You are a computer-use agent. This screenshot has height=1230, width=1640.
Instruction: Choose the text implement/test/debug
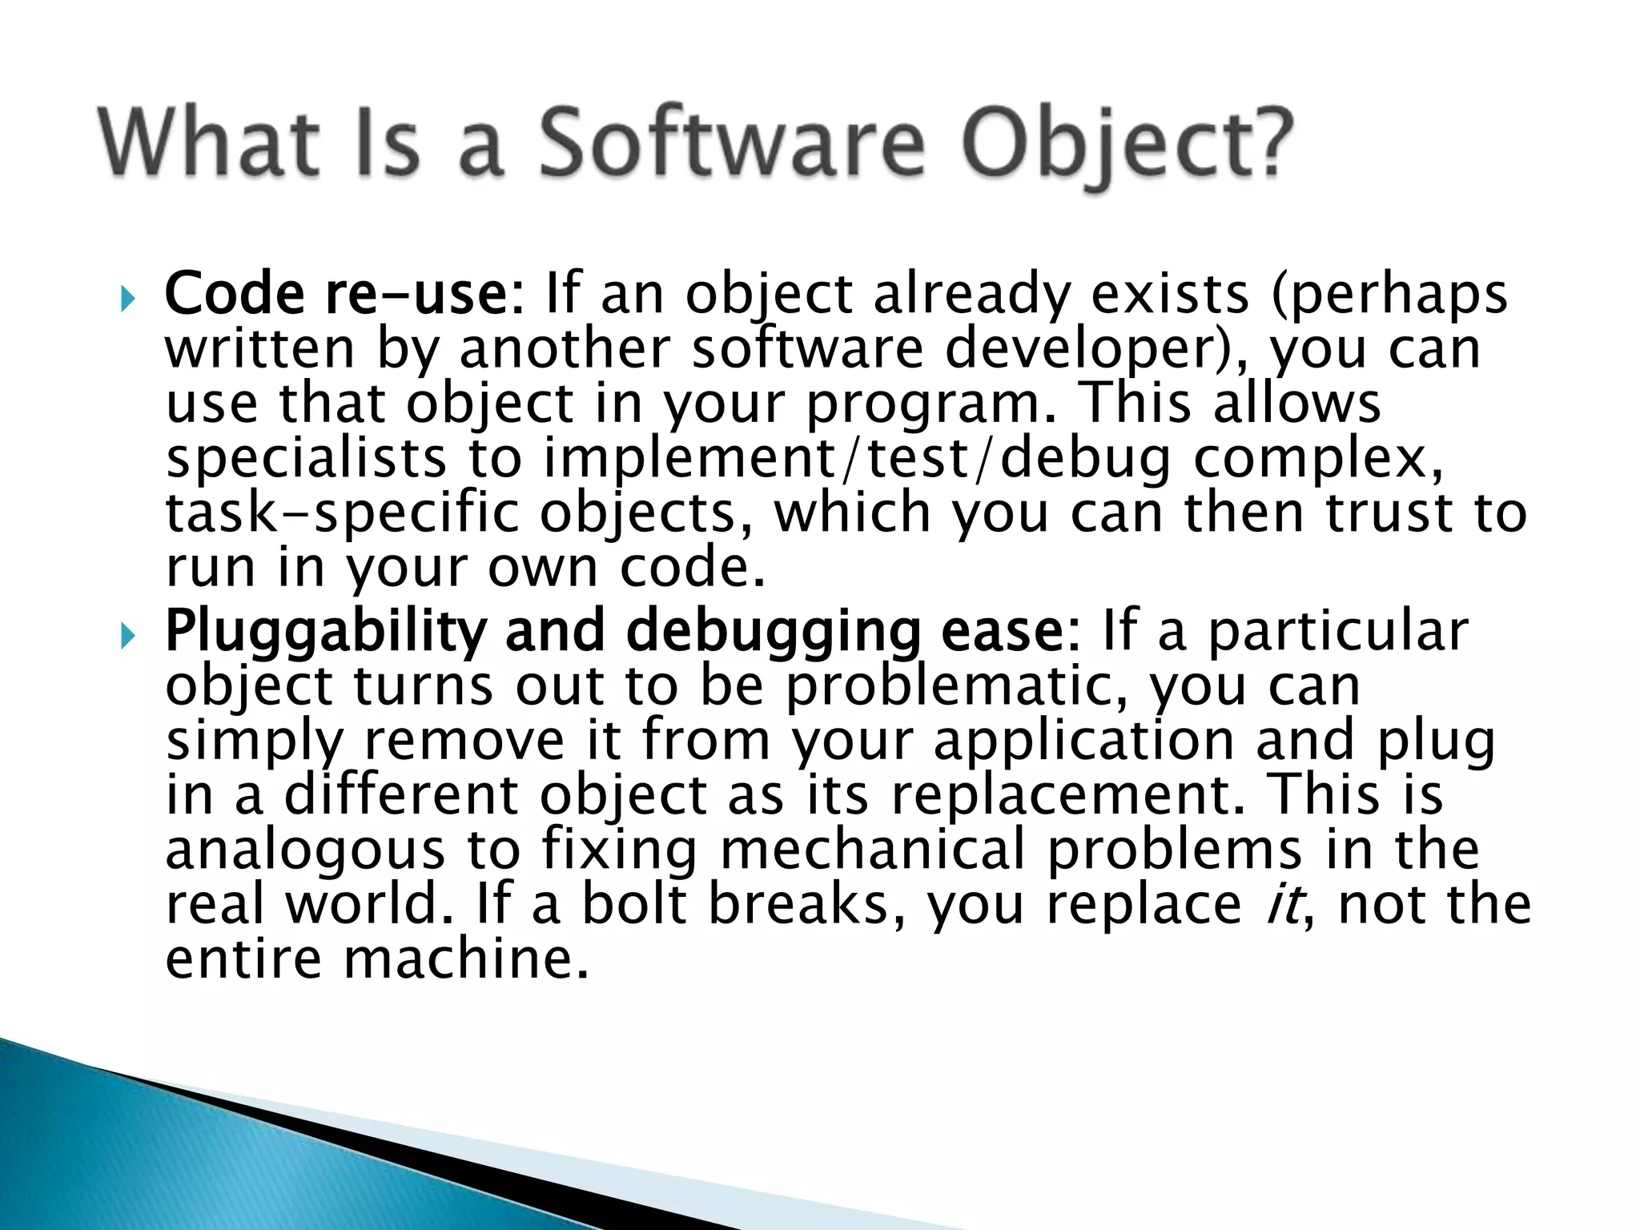tap(857, 460)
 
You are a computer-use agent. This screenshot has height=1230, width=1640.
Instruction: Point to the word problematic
tap(956, 687)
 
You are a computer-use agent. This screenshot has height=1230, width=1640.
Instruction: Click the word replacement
tap(1069, 796)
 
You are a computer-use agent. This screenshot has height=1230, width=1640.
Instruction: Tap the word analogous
tap(305, 852)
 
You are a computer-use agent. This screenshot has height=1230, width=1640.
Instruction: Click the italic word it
tap(1284, 905)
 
